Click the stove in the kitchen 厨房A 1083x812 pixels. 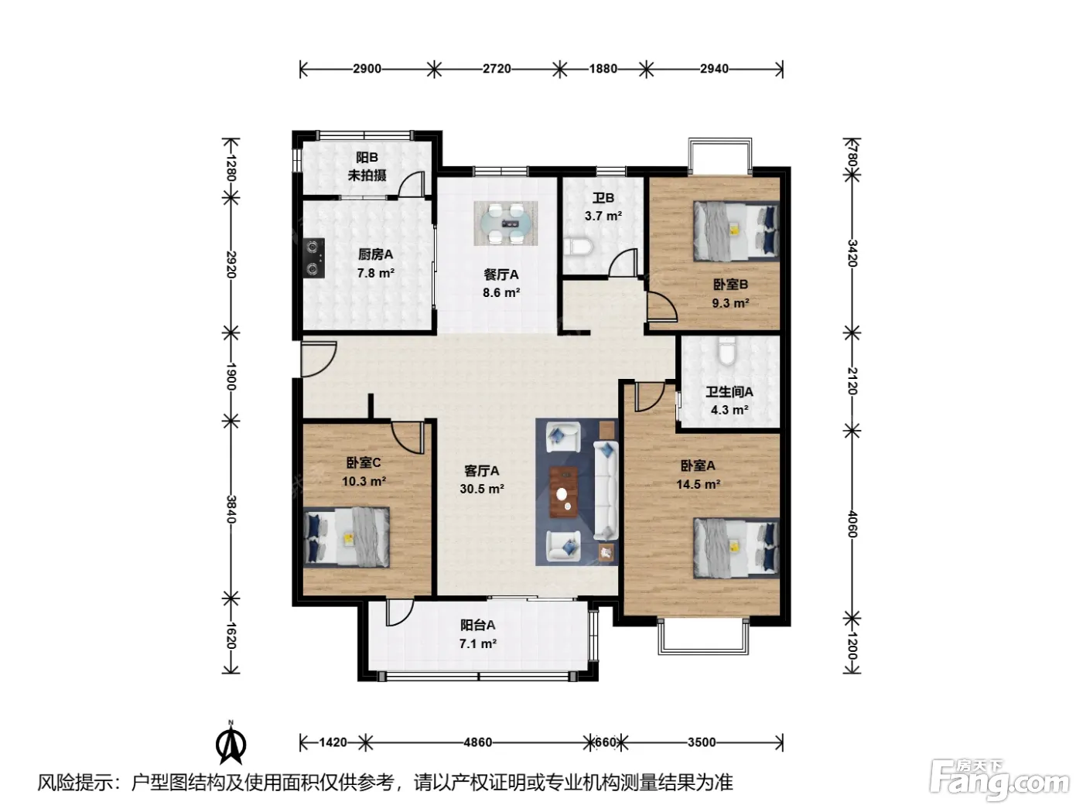point(313,258)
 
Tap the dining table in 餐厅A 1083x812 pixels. point(506,223)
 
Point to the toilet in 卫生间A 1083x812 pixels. point(726,350)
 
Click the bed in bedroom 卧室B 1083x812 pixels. point(736,230)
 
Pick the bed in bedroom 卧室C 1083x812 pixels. point(347,537)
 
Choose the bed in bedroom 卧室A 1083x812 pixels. point(736,548)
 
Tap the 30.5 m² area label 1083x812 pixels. point(482,489)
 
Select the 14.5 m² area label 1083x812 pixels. point(699,484)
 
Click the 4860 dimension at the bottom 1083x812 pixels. point(477,742)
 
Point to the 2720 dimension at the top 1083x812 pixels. point(497,69)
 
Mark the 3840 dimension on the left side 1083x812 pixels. point(231,510)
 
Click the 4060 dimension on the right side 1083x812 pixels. point(852,524)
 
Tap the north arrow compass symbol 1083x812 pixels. point(231,742)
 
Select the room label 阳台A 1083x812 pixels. point(477,625)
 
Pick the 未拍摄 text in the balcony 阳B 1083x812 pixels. point(367,175)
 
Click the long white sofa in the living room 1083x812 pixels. point(606,490)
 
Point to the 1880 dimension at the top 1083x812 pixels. point(603,69)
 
